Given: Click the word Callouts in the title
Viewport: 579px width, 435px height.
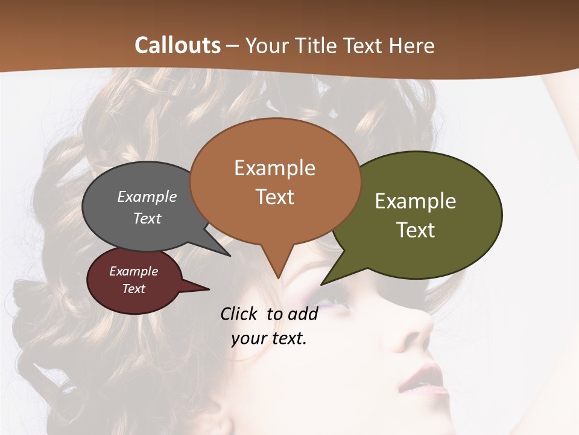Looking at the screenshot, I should coord(177,46).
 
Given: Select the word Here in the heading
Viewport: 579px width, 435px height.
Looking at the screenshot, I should coord(412,46).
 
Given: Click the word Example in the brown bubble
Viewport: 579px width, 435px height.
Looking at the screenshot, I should coord(275,168).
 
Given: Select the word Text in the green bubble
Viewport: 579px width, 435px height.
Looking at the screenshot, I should coord(416,230).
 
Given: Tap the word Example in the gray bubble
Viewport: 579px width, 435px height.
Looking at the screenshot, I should coord(147,197).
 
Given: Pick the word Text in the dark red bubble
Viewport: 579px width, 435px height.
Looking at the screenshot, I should coord(134,289).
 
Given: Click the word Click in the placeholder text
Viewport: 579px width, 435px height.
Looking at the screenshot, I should coord(239,314).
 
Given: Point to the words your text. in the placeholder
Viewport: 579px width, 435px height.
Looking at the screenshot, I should coord(269,338).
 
